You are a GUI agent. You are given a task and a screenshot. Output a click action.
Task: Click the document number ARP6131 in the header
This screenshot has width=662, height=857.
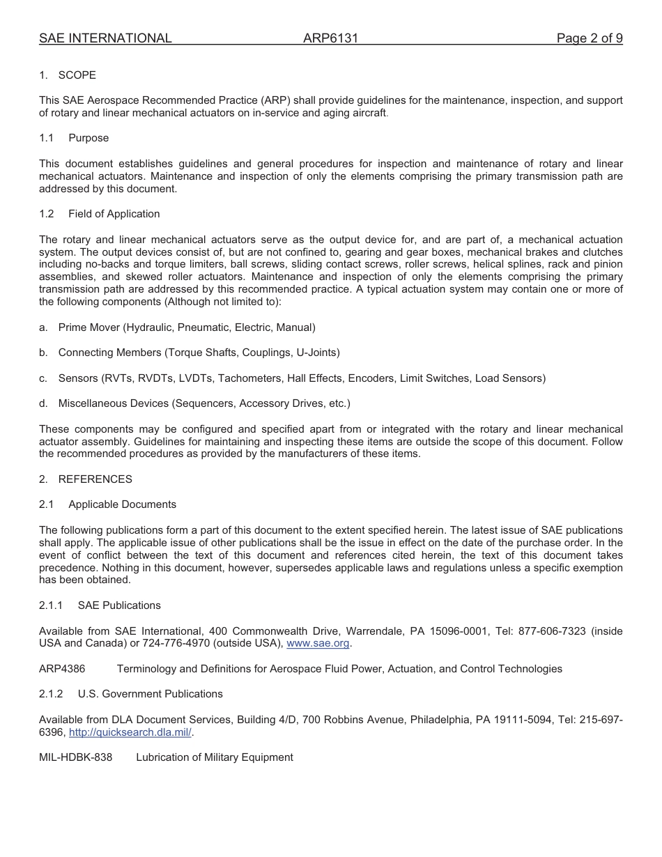point(330,39)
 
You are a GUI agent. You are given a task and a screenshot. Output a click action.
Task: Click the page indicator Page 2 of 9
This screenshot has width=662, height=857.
point(589,39)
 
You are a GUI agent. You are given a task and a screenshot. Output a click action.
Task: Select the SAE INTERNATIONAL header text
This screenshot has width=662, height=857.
point(105,39)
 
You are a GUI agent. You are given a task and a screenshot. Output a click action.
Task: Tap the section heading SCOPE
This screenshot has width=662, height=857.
point(77,75)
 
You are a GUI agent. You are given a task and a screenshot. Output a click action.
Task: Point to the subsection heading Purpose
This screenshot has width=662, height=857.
point(88,138)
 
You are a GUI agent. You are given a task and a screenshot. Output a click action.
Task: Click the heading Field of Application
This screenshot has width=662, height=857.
point(114,214)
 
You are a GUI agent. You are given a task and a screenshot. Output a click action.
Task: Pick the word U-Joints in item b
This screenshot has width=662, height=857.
point(318,353)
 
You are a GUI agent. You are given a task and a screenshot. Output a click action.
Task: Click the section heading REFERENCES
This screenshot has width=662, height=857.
point(95,479)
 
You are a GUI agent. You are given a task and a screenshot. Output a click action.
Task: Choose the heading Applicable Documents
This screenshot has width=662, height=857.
point(122,504)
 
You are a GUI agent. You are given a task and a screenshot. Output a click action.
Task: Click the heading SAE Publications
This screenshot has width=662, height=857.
point(119,605)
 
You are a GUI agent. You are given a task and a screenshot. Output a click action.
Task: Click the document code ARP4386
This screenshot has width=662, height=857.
point(62,669)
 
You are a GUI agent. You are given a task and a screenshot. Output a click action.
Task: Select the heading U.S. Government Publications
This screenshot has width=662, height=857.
point(150,694)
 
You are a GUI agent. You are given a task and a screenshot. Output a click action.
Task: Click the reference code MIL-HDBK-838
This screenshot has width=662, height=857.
point(75,757)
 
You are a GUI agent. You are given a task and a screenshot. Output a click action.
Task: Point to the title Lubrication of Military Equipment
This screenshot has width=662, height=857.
point(215,757)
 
